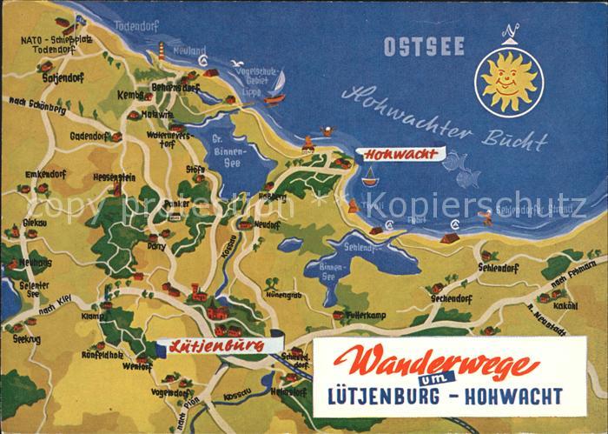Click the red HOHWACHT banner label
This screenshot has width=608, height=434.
[401, 155]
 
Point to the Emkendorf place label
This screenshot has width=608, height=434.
[45, 174]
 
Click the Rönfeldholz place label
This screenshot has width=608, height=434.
[102, 354]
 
